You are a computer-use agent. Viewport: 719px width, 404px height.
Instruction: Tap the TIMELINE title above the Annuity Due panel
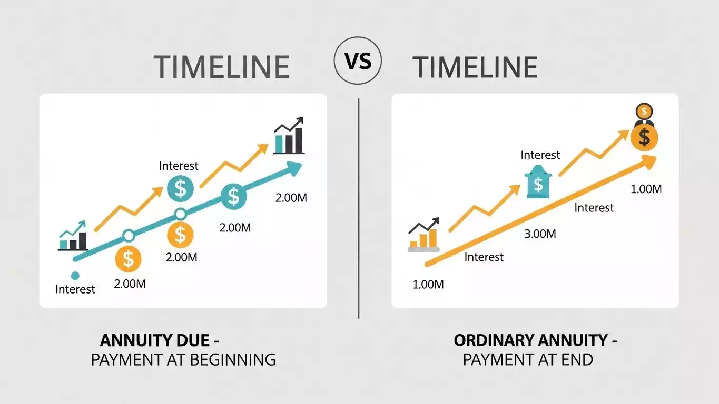point(222,67)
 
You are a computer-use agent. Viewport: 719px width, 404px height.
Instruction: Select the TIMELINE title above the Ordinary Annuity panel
point(475,67)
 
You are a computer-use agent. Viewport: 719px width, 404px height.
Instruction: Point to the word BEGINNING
point(232,360)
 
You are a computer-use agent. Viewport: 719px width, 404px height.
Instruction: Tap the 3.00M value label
point(540,234)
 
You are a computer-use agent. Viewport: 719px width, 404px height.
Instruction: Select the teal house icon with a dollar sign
point(538,183)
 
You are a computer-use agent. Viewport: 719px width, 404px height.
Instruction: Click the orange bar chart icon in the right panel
point(423,236)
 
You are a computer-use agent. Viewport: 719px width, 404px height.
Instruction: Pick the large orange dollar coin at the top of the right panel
point(644,137)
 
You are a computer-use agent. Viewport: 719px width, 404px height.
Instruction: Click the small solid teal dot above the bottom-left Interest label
point(75,275)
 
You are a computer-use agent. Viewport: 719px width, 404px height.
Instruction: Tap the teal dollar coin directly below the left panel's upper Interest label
point(181,187)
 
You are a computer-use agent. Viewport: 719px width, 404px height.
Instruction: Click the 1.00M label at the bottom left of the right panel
point(428,285)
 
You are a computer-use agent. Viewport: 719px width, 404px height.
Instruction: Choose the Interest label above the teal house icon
point(540,155)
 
